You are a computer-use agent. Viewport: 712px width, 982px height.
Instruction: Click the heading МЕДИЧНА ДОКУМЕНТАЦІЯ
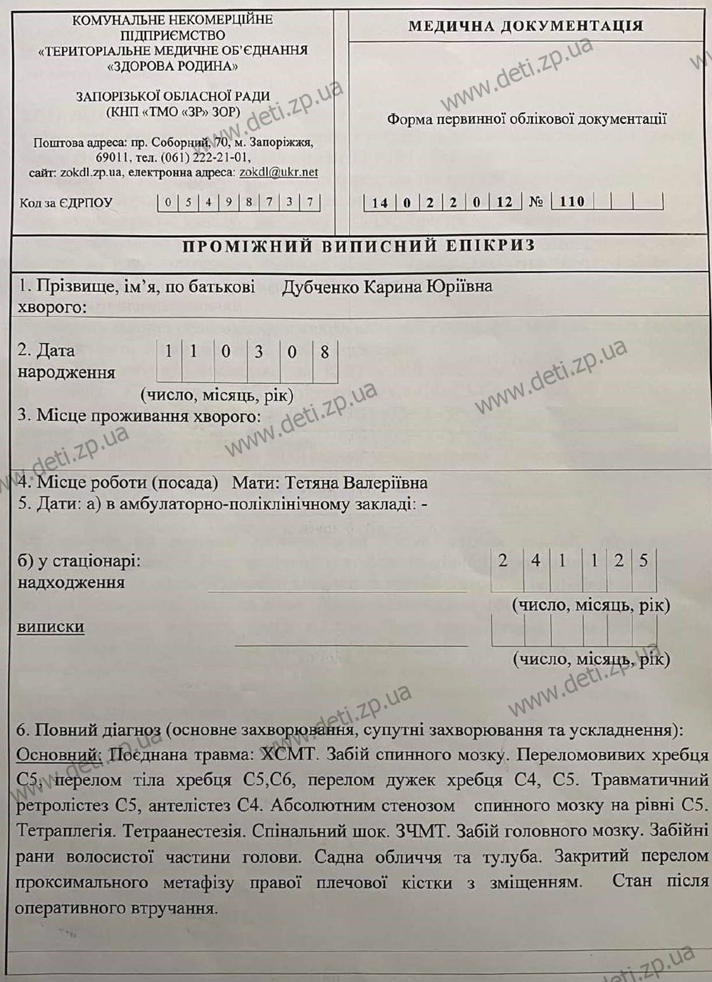coord(525,27)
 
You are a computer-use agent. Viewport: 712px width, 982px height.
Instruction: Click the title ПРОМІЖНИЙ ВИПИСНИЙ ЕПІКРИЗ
coord(359,246)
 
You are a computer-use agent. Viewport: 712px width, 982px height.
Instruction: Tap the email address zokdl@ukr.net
coord(278,172)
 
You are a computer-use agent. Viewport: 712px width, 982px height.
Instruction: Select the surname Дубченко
coord(320,287)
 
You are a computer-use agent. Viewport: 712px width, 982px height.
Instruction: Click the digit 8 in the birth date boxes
coord(325,352)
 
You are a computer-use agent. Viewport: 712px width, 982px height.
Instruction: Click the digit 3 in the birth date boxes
coord(258,352)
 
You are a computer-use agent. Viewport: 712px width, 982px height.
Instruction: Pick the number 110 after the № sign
coord(572,202)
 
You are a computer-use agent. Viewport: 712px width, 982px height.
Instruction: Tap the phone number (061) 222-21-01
coord(206,157)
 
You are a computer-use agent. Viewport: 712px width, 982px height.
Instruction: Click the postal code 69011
coord(112,157)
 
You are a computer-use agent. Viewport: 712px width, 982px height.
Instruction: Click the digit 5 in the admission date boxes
coord(644,560)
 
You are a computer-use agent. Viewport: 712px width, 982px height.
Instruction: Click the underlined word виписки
coord(51,627)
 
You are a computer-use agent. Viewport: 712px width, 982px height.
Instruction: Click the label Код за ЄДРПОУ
coord(66,203)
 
